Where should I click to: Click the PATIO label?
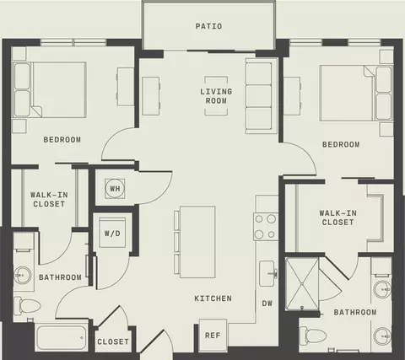click(x=208, y=26)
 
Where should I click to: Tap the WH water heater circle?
click(x=115, y=188)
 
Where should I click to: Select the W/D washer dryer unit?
click(x=112, y=233)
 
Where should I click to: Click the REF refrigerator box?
click(x=213, y=335)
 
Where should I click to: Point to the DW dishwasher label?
click(x=267, y=304)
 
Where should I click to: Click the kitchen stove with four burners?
click(x=266, y=227)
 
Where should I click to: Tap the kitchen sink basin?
click(x=267, y=273)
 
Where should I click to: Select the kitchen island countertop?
click(x=197, y=242)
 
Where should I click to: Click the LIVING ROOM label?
click(x=216, y=96)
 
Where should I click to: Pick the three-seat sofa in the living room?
click(x=262, y=96)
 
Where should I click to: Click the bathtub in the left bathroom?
click(x=62, y=337)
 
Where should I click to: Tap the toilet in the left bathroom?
click(x=27, y=305)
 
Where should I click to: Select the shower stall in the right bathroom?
click(x=302, y=284)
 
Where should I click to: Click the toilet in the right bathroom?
click(x=313, y=336)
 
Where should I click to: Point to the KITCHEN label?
click(x=213, y=298)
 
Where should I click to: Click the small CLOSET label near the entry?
click(x=113, y=341)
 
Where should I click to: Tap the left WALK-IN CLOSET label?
click(x=49, y=199)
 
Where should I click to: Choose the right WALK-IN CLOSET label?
click(x=337, y=218)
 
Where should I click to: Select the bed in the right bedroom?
click(x=356, y=94)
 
